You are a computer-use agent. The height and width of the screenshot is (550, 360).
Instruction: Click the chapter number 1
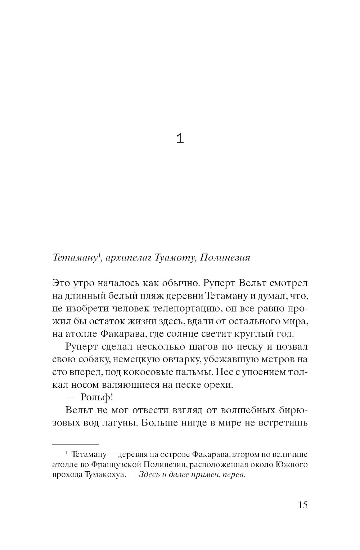180,138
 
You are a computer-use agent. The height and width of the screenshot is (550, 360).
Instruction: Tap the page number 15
303,505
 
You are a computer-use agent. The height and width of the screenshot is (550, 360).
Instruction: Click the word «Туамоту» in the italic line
174,258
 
